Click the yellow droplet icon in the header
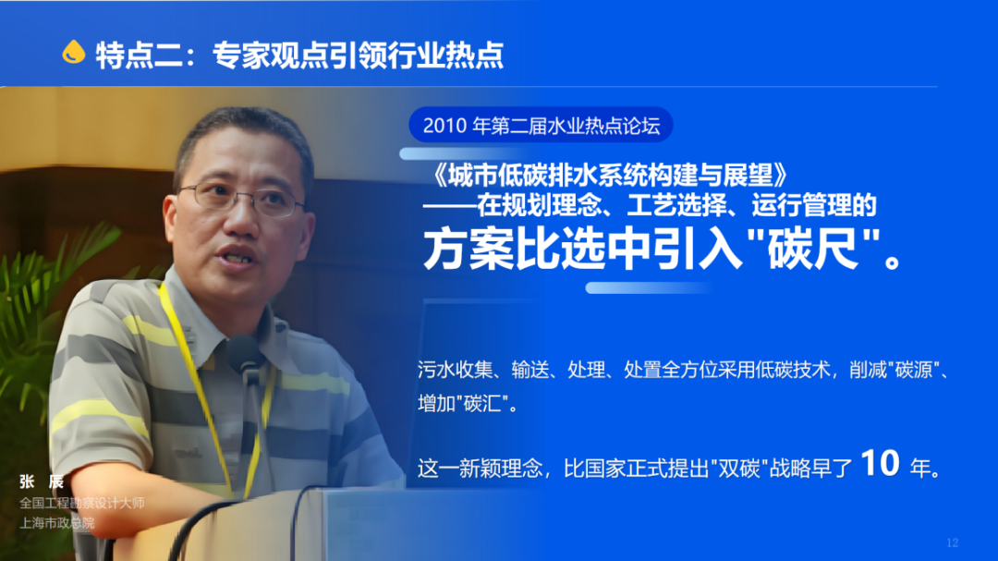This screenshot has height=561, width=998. (x=73, y=52)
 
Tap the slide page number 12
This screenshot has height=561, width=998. (x=952, y=543)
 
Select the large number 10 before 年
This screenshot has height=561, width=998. (x=881, y=463)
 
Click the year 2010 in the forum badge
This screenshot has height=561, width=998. (x=444, y=126)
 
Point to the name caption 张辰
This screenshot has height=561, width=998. (x=42, y=482)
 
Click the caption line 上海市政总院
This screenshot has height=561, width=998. (x=56, y=523)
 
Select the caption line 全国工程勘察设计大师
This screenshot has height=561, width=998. (x=82, y=503)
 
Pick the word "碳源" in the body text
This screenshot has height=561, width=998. (x=913, y=370)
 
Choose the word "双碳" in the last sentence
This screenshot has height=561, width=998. (x=739, y=469)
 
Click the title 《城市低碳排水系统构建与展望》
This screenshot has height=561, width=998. (x=611, y=175)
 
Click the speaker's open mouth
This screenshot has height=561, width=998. (x=237, y=258)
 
